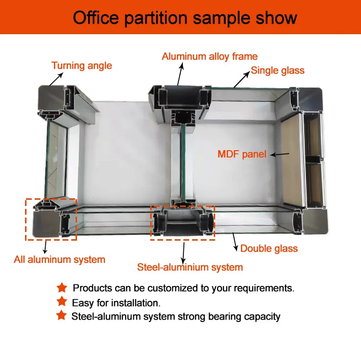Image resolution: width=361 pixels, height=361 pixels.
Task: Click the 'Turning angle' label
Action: tap(82, 65)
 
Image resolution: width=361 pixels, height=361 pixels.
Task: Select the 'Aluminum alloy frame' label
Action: tap(209, 56)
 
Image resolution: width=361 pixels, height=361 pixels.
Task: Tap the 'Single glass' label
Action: tap(278, 71)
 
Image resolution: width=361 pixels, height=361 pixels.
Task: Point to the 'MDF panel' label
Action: tap(242, 155)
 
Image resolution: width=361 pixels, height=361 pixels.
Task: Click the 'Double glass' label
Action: tap(269, 248)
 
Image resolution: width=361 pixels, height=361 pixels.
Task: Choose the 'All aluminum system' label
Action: tap(60, 260)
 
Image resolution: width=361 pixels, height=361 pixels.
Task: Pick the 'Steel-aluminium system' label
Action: tap(190, 267)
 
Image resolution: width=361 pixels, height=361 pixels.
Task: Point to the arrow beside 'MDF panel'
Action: tap(279, 155)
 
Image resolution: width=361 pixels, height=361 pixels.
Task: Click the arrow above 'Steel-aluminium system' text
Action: tap(183, 250)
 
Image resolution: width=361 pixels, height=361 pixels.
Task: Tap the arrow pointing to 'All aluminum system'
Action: tap(45, 247)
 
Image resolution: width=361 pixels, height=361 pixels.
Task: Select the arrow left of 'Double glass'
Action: tap(235, 243)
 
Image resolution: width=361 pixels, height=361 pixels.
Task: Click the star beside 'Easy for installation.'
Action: tap(61, 302)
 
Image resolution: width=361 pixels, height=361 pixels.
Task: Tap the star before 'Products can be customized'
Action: tap(61, 288)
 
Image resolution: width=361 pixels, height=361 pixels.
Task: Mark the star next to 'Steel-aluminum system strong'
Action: tap(61, 316)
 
